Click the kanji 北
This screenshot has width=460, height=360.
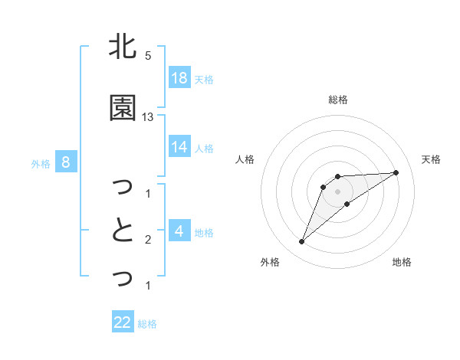coord(122,47)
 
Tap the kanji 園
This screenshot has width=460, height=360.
coord(122,109)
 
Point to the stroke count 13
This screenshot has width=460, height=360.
coord(148,117)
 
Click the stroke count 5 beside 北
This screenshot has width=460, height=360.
coord(148,56)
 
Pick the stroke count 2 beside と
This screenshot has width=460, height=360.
coord(148,240)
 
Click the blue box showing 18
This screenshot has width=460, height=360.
coord(179,77)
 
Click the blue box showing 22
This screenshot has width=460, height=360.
coord(123,322)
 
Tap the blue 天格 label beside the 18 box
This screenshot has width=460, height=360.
coord(204,79)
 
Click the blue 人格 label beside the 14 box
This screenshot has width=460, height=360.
coord(204,148)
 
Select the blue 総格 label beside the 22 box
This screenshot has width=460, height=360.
coord(147,324)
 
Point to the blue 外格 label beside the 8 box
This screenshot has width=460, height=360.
coord(41,163)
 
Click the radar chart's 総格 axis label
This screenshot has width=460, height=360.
coord(338,100)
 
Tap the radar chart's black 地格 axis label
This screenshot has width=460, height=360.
coord(402,262)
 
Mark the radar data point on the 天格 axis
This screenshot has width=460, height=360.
coord(396,172)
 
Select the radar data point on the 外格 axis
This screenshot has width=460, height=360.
coord(302,242)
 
